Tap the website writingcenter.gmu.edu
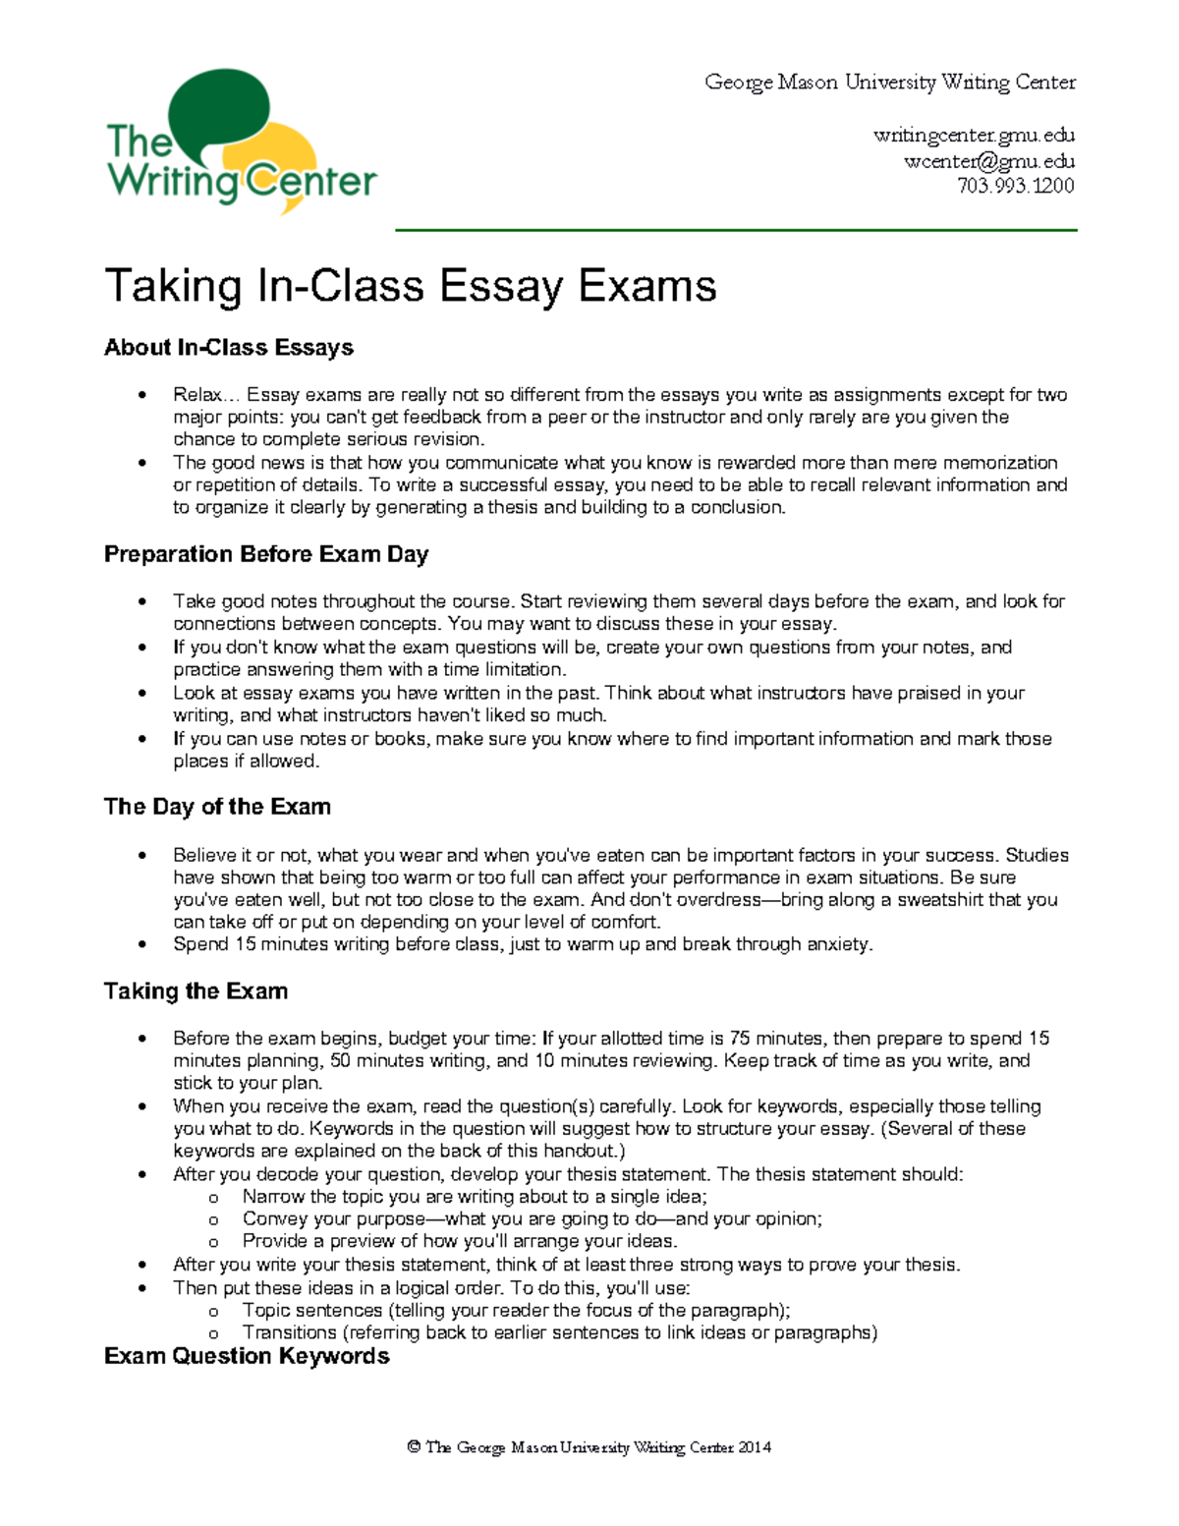974,136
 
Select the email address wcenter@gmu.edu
988,161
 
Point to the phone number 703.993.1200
1016,186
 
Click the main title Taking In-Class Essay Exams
411,287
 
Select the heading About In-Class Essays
229,348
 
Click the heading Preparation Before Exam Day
266,554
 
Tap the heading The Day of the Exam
217,807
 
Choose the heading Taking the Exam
196,990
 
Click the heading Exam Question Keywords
247,1356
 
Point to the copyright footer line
589,1447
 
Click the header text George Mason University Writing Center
890,83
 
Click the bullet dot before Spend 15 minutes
143,945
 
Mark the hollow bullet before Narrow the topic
213,1198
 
